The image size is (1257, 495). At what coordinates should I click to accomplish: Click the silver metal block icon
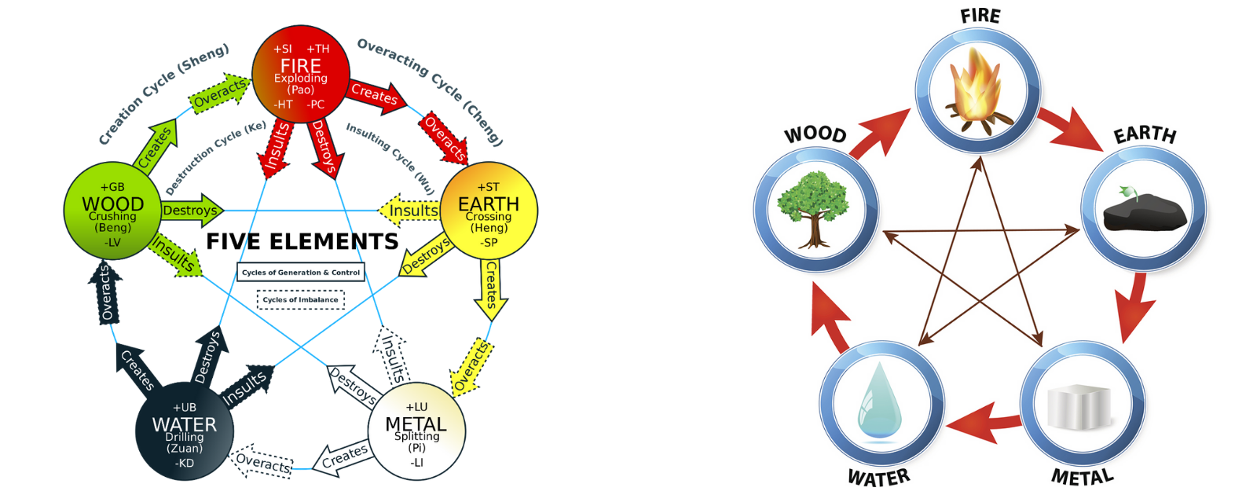pyautogui.click(x=1082, y=406)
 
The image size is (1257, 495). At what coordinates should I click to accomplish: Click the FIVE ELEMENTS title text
pyautogui.click(x=302, y=241)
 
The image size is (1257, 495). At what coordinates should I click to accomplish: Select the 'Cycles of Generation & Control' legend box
pyautogui.click(x=301, y=273)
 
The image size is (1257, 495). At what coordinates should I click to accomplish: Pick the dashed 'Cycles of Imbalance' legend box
pyautogui.click(x=301, y=299)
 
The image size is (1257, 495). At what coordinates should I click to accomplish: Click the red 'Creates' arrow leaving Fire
pyautogui.click(x=376, y=94)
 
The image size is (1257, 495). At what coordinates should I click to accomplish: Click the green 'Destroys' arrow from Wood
pyautogui.click(x=192, y=211)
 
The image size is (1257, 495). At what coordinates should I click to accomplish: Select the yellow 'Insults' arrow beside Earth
pyautogui.click(x=410, y=211)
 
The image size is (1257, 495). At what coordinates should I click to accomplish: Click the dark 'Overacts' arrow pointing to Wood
pyautogui.click(x=106, y=293)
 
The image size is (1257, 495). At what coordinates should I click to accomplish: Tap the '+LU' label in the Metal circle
pyautogui.click(x=416, y=407)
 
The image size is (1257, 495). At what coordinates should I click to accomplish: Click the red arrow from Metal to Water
pyautogui.click(x=984, y=423)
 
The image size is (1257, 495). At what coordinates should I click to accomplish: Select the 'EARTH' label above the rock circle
pyautogui.click(x=1144, y=135)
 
